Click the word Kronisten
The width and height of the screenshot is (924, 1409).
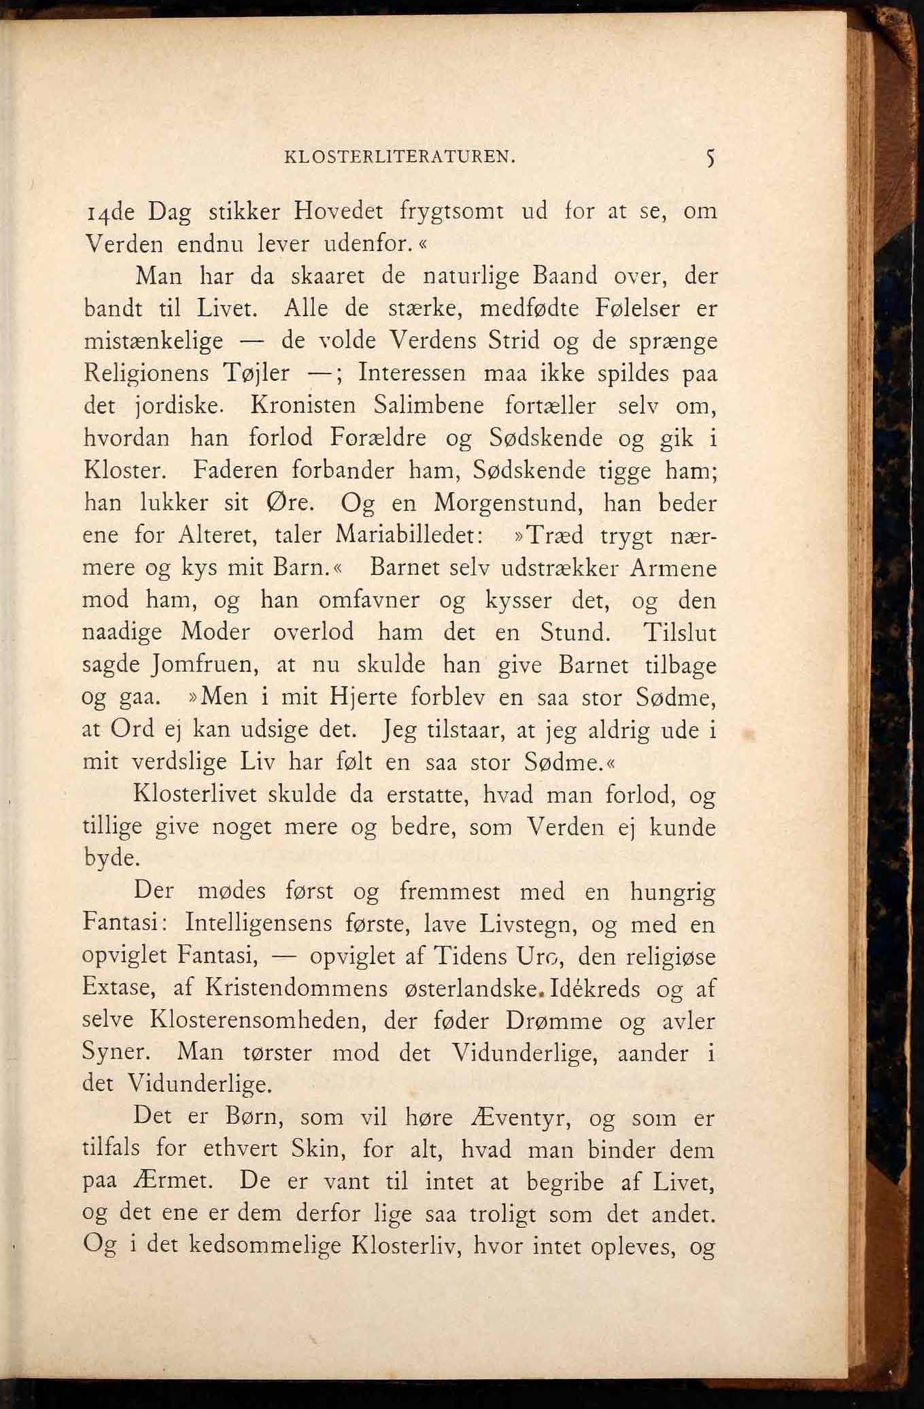tap(303, 405)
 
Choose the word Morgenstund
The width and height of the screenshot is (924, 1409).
tap(508, 503)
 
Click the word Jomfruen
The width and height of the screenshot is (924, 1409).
tap(205, 664)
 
